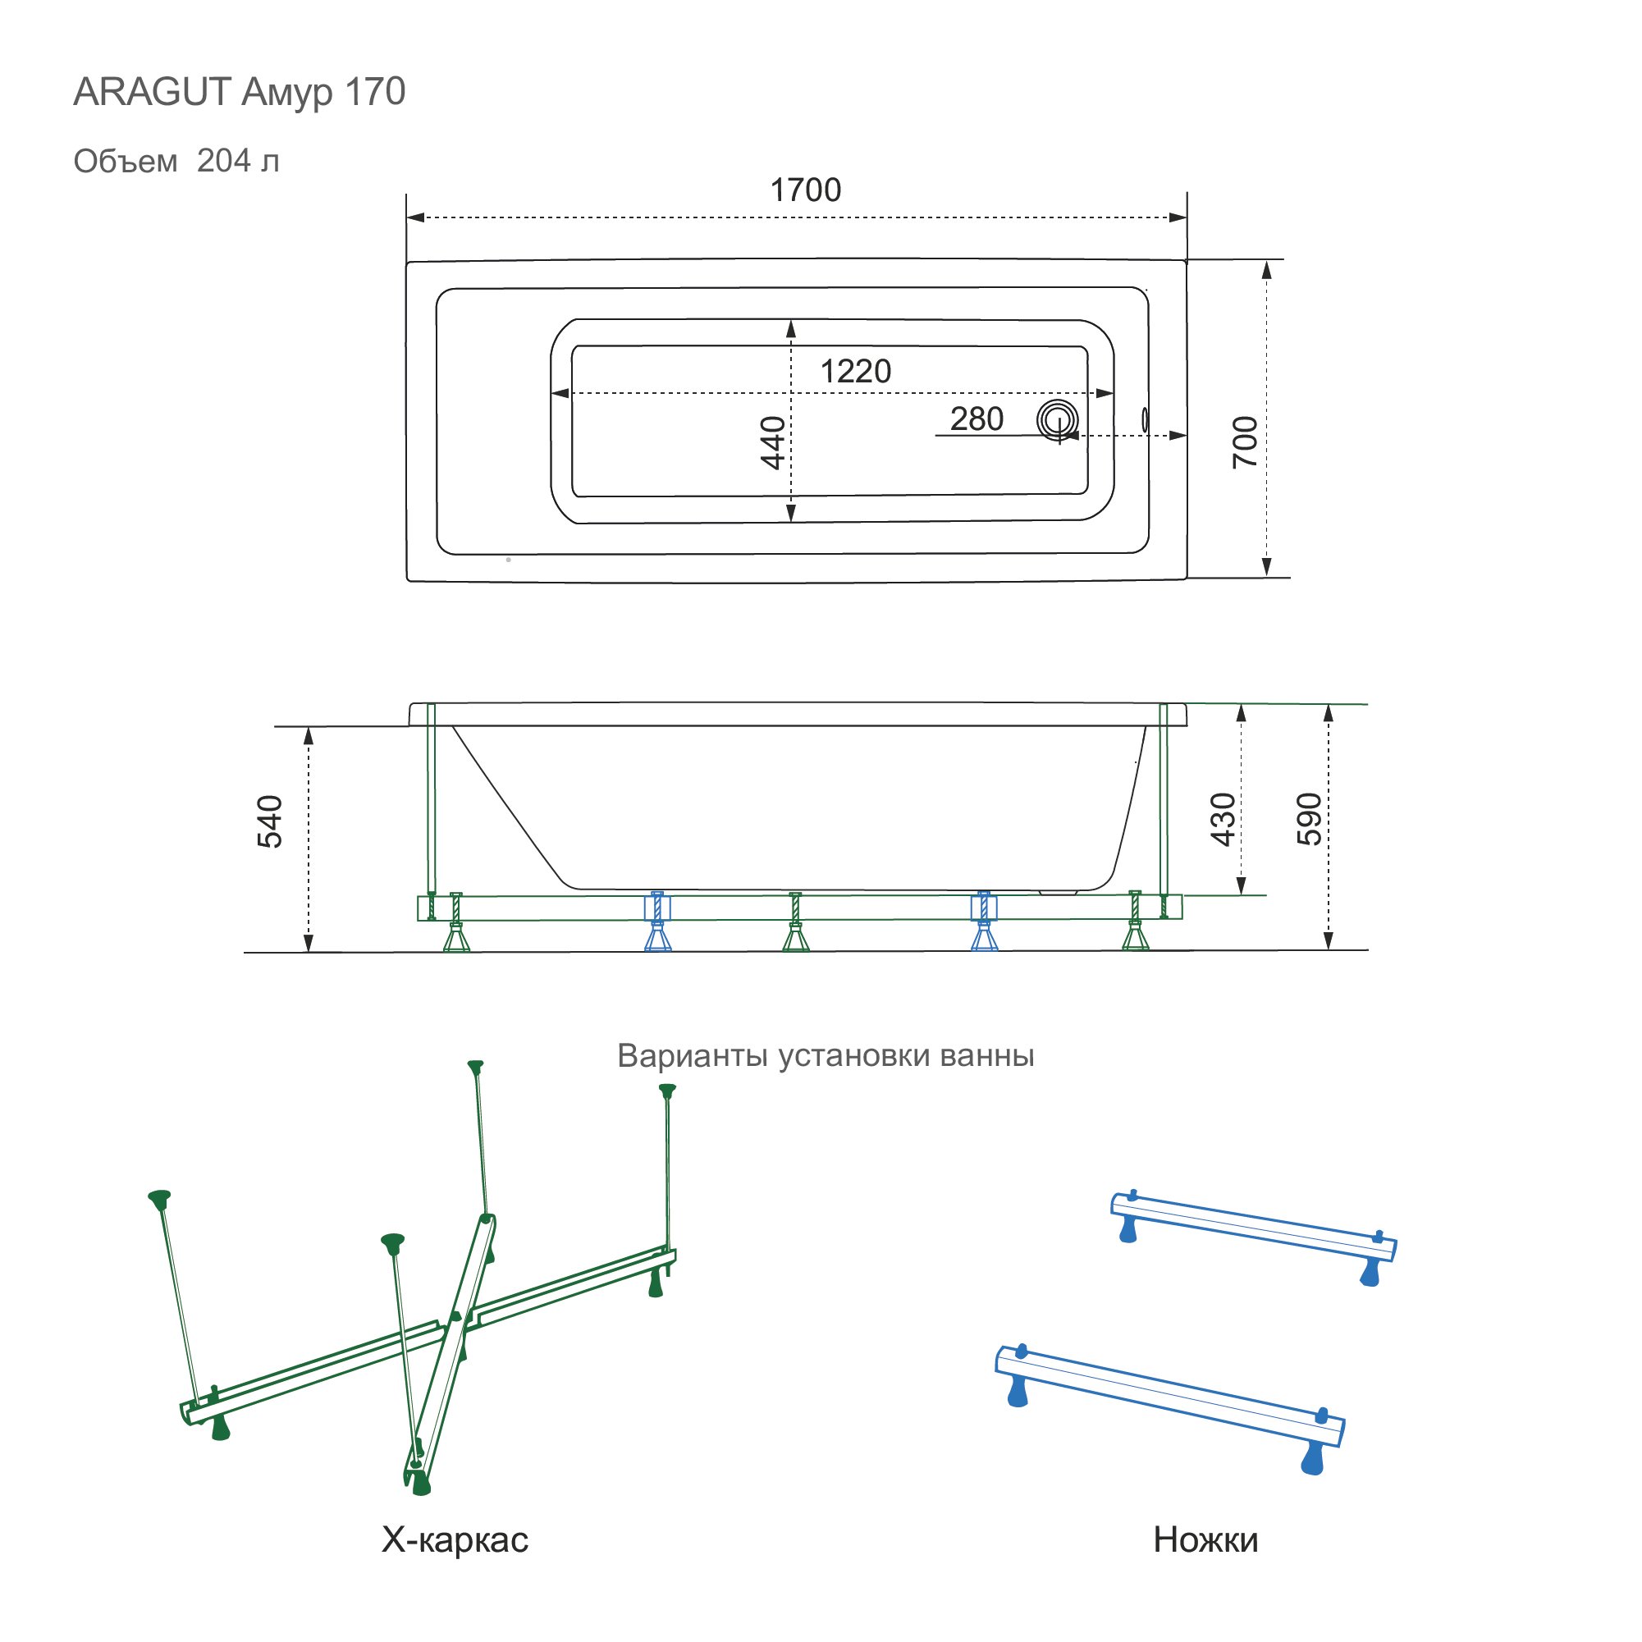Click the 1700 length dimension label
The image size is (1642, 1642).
[x=805, y=190]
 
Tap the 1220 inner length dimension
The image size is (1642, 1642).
[x=855, y=372]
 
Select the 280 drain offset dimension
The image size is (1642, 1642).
[x=977, y=419]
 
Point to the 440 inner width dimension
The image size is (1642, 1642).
[x=772, y=442]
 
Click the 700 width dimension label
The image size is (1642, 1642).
[x=1245, y=442]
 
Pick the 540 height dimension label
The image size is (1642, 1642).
[x=269, y=822]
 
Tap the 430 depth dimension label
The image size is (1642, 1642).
[x=1222, y=819]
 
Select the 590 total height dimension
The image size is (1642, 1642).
[x=1310, y=819]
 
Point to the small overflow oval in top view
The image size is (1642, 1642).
[x=1145, y=419]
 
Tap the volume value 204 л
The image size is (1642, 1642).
[x=238, y=161]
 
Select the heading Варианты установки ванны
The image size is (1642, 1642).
[x=826, y=1055]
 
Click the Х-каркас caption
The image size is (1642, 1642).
[x=455, y=1540]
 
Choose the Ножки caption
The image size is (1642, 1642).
[x=1205, y=1540]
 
